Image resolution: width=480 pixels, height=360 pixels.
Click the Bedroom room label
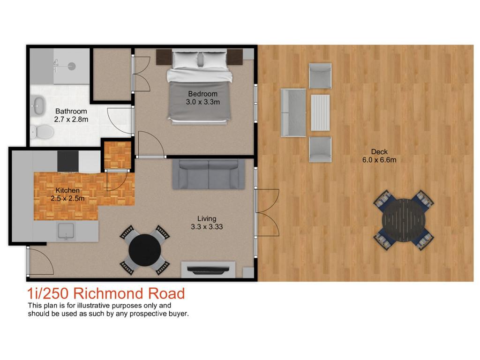202,94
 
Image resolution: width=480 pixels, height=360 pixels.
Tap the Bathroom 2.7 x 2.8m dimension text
71,120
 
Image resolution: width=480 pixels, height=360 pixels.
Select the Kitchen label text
67,190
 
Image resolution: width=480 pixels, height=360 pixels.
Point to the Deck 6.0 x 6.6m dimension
379,160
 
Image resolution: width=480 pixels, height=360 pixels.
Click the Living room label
207,218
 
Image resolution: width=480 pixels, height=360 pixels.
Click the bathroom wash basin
38,105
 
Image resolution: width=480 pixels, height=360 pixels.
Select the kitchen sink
66,231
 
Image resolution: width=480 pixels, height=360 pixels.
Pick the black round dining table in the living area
144,250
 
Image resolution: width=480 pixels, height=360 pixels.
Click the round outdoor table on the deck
404,220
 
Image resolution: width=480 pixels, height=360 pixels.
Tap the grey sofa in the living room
209,174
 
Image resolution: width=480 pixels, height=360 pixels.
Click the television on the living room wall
208,270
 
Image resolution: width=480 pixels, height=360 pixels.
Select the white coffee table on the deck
320,112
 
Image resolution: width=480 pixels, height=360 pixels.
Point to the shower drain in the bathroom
72,66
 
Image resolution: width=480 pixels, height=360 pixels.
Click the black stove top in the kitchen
68,161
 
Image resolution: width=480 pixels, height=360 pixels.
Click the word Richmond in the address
108,293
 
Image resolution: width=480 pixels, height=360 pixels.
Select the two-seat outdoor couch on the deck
293,112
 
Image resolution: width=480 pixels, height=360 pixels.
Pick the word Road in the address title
166,293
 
